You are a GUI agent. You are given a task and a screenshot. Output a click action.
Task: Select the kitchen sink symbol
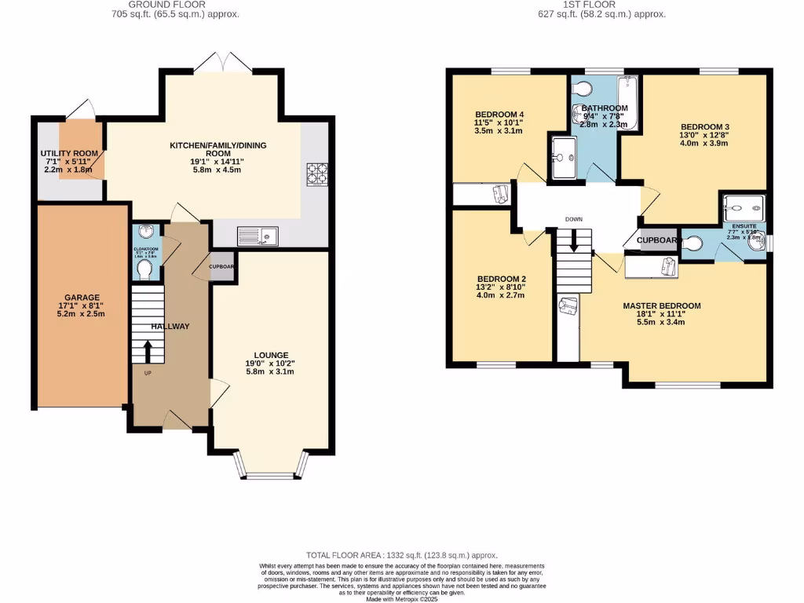[255, 234]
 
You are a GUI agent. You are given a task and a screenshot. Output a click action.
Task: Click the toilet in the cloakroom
[144, 269]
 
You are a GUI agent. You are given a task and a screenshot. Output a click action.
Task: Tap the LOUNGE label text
[271, 355]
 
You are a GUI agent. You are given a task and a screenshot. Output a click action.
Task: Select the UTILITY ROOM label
[69, 153]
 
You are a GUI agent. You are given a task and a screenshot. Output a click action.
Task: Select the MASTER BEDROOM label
[662, 305]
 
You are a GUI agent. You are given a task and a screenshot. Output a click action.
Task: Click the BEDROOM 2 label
[501, 279]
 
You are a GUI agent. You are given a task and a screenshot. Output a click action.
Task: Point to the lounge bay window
[271, 473]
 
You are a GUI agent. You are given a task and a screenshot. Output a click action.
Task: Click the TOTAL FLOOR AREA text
[401, 554]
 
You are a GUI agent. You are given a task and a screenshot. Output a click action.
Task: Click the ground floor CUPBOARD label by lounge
[222, 267]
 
